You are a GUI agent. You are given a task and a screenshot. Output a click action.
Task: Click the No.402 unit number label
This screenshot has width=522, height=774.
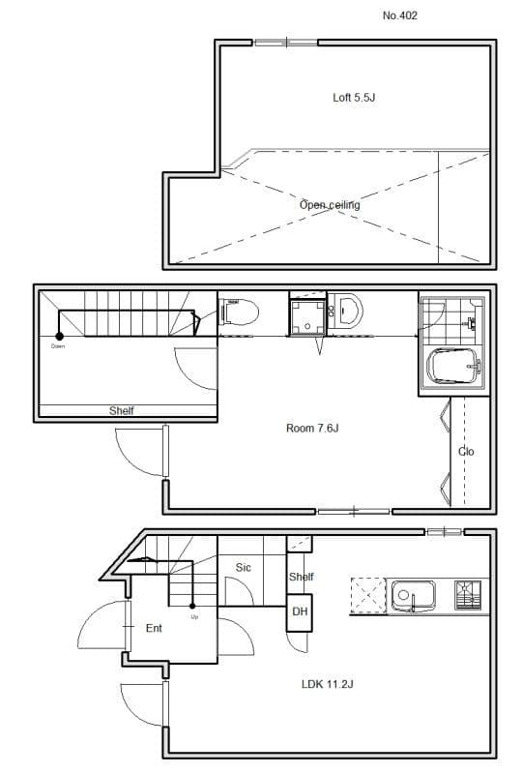click(400, 15)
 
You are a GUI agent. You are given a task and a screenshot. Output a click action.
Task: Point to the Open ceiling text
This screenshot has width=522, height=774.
click(330, 205)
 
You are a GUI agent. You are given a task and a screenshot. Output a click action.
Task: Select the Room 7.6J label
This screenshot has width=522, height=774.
click(312, 429)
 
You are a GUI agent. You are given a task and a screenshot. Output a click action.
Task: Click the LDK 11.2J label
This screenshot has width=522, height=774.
click(328, 684)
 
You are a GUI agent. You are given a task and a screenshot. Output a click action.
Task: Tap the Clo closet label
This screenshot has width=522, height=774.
click(466, 452)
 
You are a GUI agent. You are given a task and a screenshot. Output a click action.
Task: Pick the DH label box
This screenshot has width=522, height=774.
click(299, 611)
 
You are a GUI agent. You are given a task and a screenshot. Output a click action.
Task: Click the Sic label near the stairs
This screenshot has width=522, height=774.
click(244, 568)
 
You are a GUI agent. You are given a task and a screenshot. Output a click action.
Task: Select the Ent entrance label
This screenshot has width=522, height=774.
click(154, 628)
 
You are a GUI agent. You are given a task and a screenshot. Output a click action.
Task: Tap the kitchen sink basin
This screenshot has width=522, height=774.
click(413, 592)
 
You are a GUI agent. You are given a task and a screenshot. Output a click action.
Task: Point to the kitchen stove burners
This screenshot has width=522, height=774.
click(468, 593)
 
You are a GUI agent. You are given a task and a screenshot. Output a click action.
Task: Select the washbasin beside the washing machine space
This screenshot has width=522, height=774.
click(348, 311)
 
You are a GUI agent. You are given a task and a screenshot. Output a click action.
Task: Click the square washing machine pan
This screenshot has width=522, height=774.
click(307, 316)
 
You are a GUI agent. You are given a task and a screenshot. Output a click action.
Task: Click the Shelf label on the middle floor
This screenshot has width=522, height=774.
click(122, 411)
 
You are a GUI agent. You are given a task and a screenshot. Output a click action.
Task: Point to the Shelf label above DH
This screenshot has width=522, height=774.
click(302, 578)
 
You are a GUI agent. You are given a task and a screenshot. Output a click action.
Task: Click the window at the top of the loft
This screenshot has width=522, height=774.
click(285, 42)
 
